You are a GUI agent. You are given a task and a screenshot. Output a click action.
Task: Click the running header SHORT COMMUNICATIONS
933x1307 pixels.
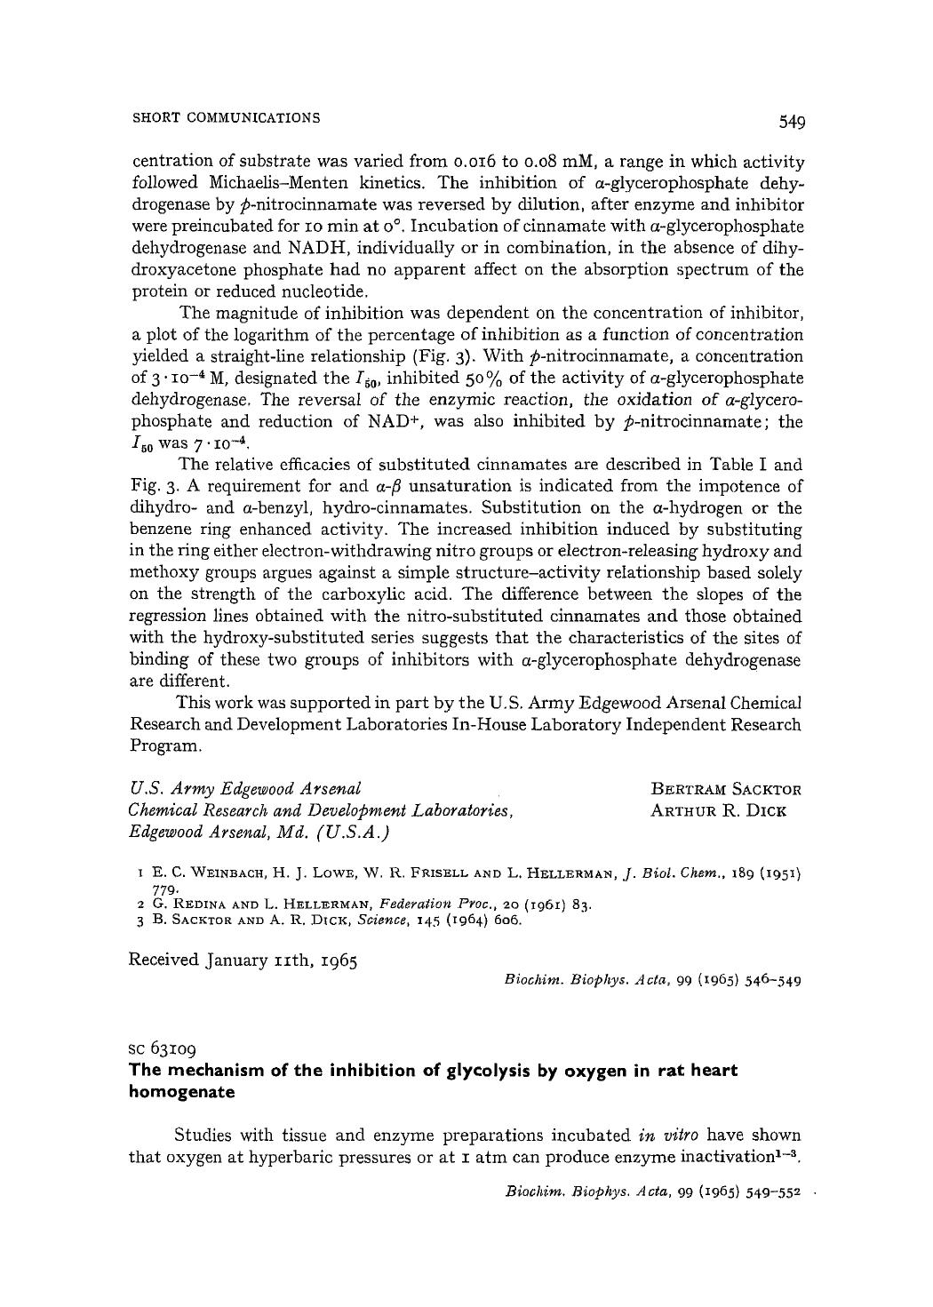[226, 117]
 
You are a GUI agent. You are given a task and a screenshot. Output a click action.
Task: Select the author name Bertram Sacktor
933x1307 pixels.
[726, 789]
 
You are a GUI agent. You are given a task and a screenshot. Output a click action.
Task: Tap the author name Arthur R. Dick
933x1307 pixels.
[719, 810]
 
